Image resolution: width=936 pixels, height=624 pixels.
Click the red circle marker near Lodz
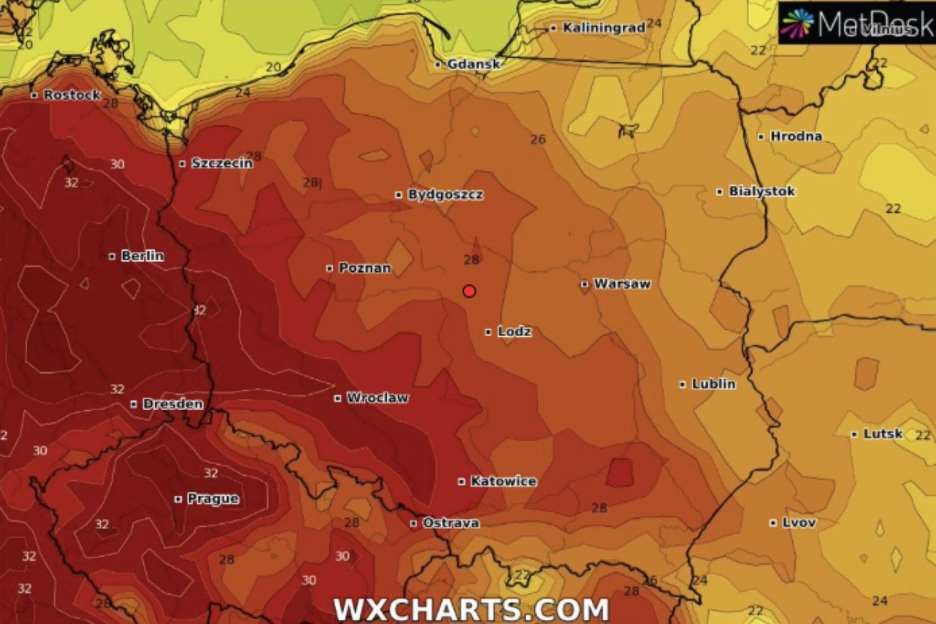[469, 291]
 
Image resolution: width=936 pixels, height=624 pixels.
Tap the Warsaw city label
[621, 284]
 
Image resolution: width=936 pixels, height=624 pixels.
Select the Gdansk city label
[473, 64]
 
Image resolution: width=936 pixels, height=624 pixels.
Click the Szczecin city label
[222, 163]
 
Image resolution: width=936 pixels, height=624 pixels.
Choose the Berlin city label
[142, 256]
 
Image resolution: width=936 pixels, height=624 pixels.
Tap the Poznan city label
[364, 268]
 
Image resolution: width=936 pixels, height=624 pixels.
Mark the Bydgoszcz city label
[445, 194]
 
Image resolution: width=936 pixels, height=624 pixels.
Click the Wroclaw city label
[377, 397]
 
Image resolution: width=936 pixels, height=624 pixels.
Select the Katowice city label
[503, 481]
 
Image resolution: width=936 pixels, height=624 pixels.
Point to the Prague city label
[212, 498]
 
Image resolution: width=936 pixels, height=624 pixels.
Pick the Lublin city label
[713, 384]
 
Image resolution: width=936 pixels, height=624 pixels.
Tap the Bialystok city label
[761, 191]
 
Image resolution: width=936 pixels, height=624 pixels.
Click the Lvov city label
[798, 523]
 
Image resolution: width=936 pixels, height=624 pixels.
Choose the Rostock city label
[71, 95]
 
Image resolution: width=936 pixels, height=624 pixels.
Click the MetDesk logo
[857, 23]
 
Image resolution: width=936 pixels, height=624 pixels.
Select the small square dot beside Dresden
[134, 404]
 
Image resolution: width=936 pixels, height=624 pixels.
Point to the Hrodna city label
[796, 136]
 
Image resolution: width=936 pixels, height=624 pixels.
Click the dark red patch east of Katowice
[619, 472]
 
